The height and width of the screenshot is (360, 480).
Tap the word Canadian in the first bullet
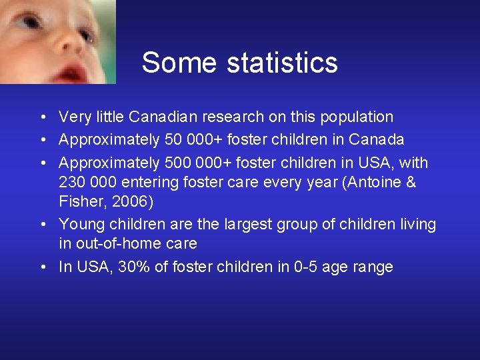tap(160, 117)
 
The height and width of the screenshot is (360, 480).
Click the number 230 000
tap(88, 182)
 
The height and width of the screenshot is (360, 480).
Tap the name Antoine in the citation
tap(375, 182)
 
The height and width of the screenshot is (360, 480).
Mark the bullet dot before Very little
tap(42, 117)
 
